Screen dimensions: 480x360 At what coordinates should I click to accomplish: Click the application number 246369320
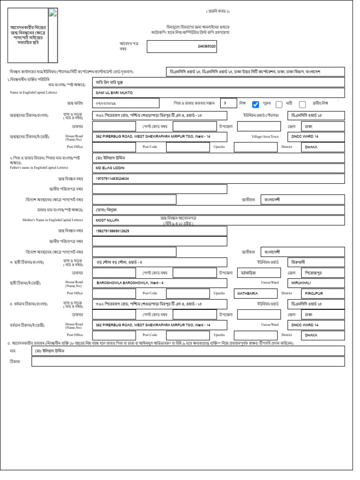click(x=207, y=47)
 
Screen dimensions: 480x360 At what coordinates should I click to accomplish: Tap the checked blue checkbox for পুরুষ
click(x=255, y=105)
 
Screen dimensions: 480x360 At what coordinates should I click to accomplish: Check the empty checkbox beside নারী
click(x=279, y=105)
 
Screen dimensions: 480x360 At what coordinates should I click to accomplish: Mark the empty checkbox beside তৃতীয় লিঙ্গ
click(x=302, y=105)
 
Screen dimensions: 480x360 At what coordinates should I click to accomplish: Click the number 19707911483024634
click(x=112, y=179)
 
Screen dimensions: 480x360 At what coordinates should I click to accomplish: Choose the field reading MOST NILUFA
click(x=107, y=220)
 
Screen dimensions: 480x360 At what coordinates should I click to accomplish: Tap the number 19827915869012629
click(x=112, y=231)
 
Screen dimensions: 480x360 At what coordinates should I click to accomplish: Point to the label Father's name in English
click(x=39, y=167)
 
